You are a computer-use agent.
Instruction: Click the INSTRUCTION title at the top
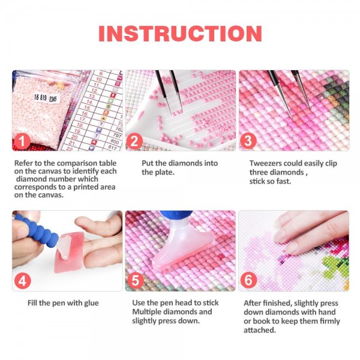180,34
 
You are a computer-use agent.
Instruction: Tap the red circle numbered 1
22,141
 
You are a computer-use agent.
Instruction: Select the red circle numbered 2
134,141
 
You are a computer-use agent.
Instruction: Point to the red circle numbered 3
248,140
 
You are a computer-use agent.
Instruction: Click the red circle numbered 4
23,281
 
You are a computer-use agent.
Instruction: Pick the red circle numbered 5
136,280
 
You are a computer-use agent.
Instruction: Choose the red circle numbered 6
248,280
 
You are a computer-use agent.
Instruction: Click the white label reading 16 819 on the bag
46,98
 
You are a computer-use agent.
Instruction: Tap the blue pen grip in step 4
37,231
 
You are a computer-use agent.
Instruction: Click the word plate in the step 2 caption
165,172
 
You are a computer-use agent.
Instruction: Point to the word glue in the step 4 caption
91,303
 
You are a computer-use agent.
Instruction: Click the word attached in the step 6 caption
260,330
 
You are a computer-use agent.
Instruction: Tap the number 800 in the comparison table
115,141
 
